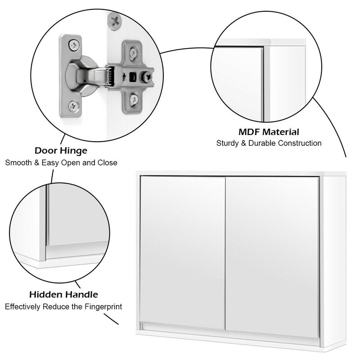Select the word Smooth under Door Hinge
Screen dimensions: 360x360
pyautogui.click(x=18, y=162)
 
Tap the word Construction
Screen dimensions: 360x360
pyautogui.click(x=302, y=144)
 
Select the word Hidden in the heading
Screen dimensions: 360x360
pyautogui.click(x=46, y=295)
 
